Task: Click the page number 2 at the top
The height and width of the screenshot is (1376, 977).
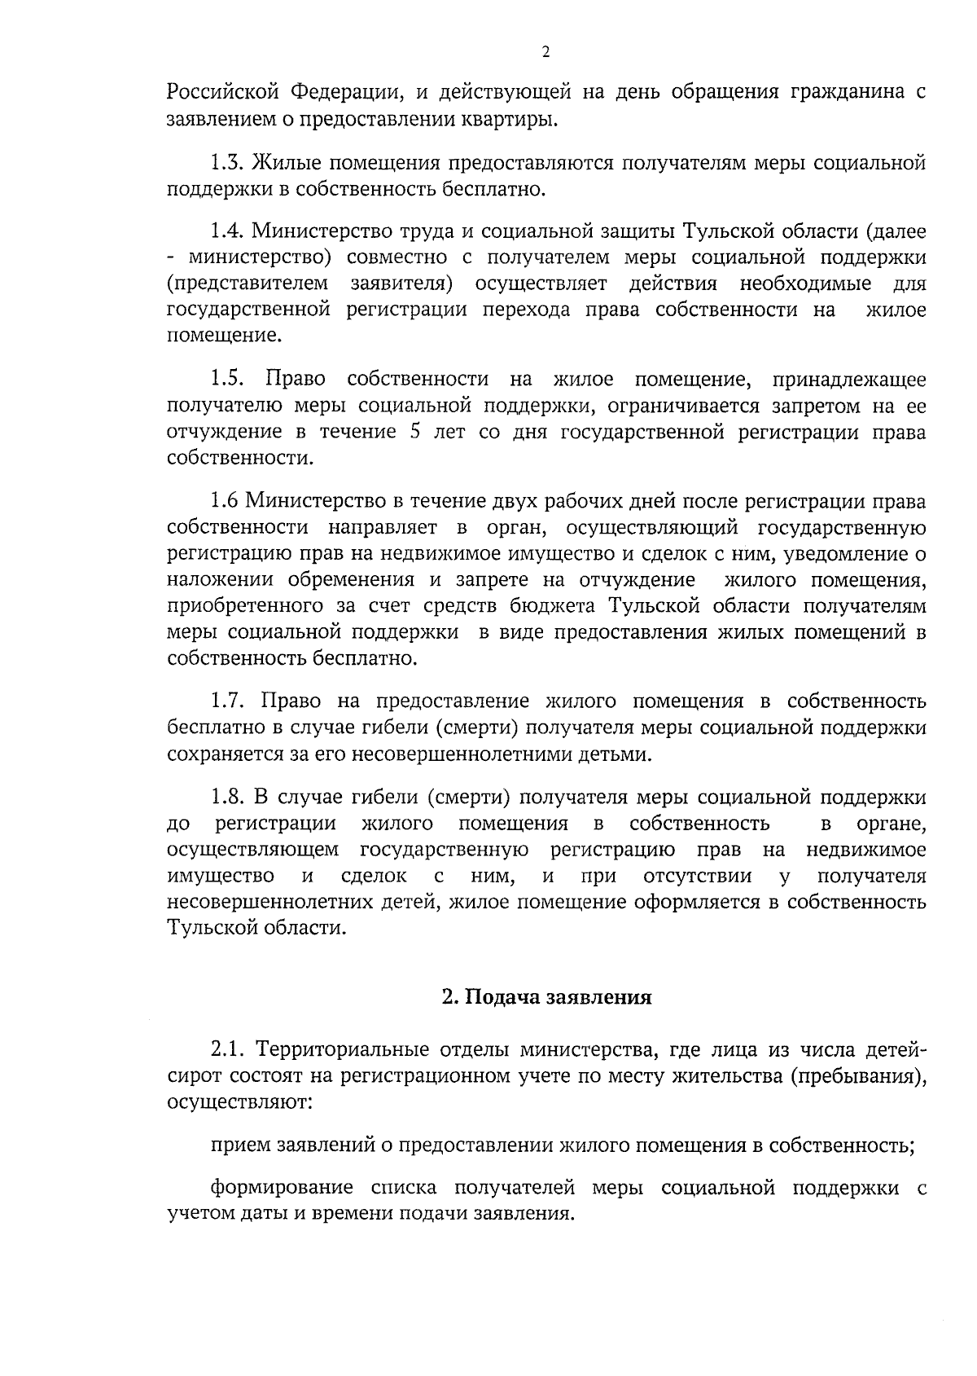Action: coord(545,52)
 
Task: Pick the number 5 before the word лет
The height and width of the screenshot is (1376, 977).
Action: coord(415,431)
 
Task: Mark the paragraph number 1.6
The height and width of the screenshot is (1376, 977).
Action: coord(224,499)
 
